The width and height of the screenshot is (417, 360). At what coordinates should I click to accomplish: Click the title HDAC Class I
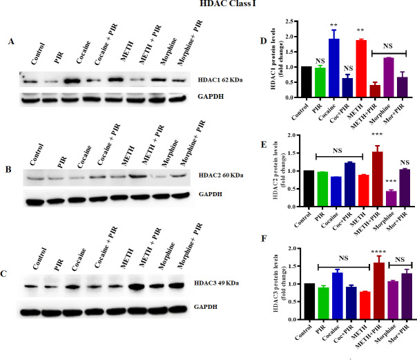tap(228, 6)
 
